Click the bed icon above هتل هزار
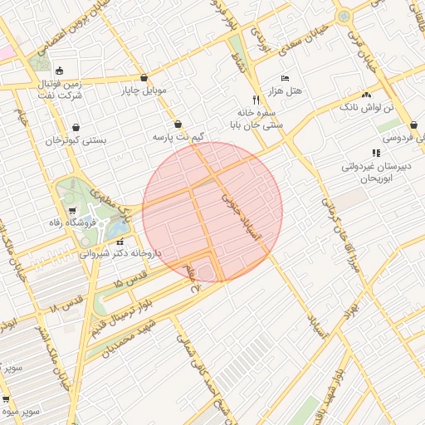(x=285, y=78)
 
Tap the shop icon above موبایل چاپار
(x=144, y=77)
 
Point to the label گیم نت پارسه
(x=177, y=135)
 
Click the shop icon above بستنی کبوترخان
(x=76, y=128)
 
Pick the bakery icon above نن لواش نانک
(x=365, y=95)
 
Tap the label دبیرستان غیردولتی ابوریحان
(x=376, y=172)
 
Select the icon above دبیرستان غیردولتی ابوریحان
(x=376, y=153)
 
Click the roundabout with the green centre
(x=343, y=16)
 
